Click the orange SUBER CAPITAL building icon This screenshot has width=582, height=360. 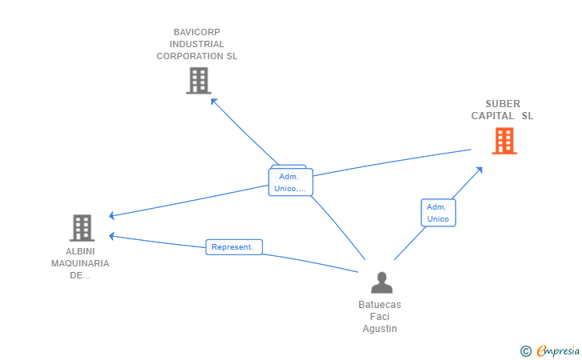point(504,141)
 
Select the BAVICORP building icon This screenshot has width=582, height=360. point(198,81)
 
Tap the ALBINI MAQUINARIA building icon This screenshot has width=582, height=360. point(82,228)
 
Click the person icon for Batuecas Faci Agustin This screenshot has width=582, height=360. point(381,282)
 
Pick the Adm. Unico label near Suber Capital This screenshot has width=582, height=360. point(438,213)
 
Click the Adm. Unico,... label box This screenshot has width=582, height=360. point(291,182)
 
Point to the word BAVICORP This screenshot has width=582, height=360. point(197,32)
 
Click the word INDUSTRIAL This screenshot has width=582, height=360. point(197,44)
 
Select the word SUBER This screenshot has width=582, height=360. point(503,104)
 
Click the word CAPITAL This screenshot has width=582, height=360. point(492,116)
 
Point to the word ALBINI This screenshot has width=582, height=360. point(80,251)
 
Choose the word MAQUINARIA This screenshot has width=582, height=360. point(80,263)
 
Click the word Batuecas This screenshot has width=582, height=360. point(380,305)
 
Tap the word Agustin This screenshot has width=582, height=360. point(380,329)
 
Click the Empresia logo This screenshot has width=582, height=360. point(558,350)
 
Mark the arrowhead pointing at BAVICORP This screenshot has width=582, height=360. point(213,101)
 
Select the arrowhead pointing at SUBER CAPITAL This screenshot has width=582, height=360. point(479,170)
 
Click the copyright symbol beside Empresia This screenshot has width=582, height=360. point(525,351)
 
